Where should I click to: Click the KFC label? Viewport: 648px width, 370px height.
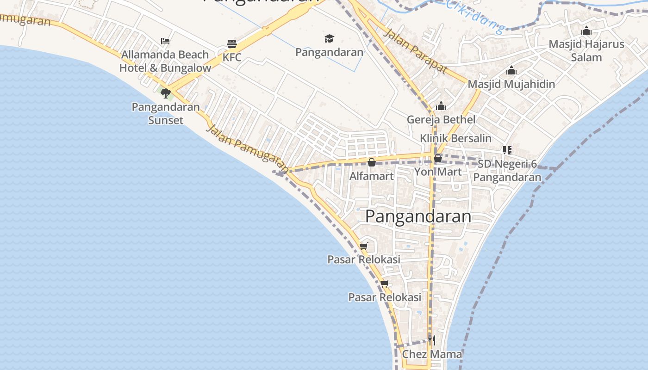click(x=232, y=57)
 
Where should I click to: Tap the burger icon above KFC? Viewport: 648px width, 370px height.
click(x=232, y=44)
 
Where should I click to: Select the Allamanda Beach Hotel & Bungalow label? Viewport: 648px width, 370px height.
click(x=165, y=61)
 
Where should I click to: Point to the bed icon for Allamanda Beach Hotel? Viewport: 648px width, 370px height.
click(x=165, y=41)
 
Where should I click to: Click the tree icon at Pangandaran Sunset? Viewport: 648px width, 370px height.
click(x=166, y=93)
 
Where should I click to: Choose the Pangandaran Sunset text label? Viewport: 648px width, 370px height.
click(x=166, y=113)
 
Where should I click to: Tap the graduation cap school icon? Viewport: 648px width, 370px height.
click(x=329, y=38)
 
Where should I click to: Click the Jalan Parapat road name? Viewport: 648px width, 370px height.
click(x=416, y=51)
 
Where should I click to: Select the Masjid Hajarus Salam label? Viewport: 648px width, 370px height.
click(x=586, y=51)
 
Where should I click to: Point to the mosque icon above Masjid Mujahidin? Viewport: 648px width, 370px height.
click(x=511, y=71)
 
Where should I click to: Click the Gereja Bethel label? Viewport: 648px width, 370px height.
click(x=441, y=119)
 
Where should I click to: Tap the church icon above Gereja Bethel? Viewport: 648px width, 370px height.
click(x=441, y=106)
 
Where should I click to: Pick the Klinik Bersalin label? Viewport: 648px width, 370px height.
click(x=456, y=138)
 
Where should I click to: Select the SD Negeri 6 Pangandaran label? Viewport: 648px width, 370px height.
click(x=507, y=171)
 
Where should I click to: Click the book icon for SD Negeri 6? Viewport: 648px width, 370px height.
click(x=507, y=150)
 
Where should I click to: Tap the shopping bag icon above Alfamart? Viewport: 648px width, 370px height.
click(x=372, y=162)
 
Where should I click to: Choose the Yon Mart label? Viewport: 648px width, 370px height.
click(x=438, y=172)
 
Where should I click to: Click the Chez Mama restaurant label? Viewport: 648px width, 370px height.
click(x=432, y=354)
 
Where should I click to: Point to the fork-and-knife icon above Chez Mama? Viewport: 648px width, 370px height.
click(x=431, y=341)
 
